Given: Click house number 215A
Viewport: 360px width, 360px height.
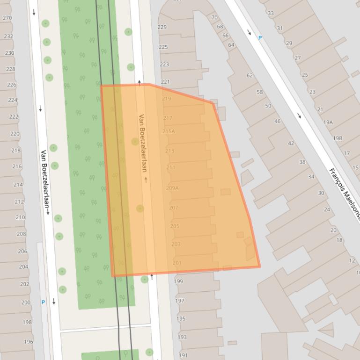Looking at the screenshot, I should [x=169, y=131].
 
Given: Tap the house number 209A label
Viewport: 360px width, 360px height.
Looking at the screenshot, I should [x=172, y=188].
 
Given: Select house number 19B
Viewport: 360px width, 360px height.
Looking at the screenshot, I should [x=338, y=138].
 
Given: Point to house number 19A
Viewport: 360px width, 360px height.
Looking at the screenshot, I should [x=328, y=122].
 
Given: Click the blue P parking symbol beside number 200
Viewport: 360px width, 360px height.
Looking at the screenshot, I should [x=43, y=302].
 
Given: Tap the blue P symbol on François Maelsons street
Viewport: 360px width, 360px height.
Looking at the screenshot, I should [x=260, y=38].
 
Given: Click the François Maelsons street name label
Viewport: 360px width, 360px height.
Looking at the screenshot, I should [x=345, y=189].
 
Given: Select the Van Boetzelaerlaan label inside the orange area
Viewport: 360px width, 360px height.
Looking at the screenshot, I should [x=143, y=143].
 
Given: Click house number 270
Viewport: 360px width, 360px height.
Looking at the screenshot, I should [x=7, y=18].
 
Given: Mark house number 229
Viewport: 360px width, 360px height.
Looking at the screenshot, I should [x=162, y=27].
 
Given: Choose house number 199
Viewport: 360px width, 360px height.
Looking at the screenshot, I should [x=178, y=281].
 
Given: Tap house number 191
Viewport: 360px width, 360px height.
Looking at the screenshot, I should [x=183, y=355].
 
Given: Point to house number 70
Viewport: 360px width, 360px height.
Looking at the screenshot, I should [x=214, y=18].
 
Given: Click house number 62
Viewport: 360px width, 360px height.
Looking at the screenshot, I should [x=250, y=75].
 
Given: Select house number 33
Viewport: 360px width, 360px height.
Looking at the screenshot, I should [x=271, y=13].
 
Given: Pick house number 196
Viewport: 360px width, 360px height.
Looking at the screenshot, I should [x=29, y=342].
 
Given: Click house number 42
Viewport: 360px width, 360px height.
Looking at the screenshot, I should [x=291, y=144].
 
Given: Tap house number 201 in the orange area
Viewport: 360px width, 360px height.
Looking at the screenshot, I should [x=177, y=263].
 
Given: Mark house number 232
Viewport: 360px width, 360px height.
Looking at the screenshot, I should [x=8, y=36].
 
